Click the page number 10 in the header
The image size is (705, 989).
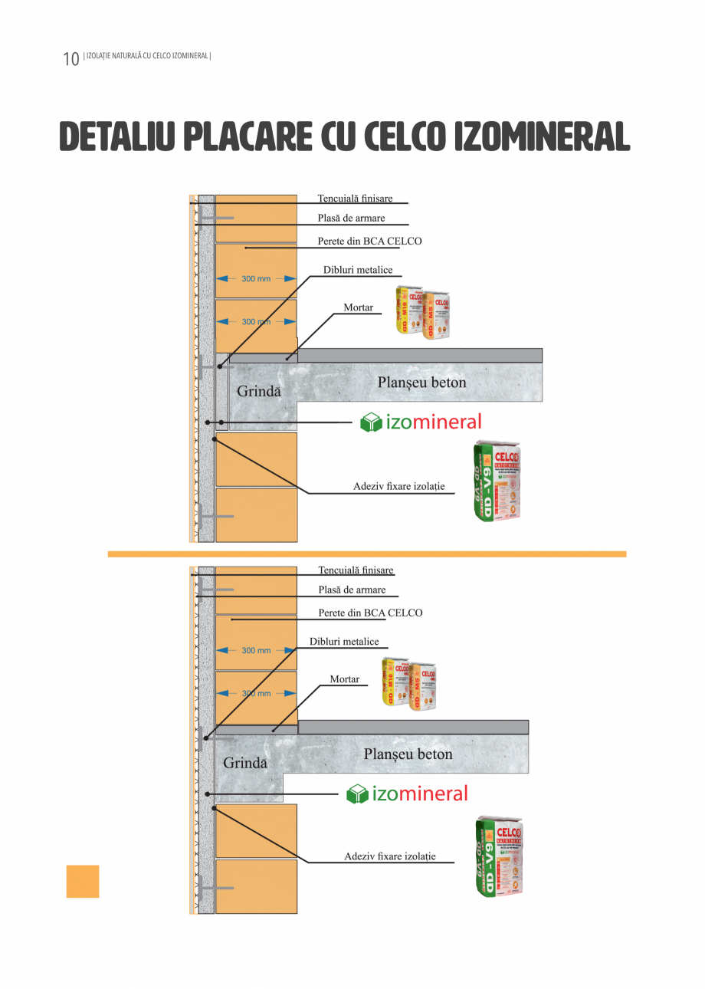click(70, 59)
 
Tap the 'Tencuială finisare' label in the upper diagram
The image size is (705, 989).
click(355, 199)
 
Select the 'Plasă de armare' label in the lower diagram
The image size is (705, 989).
click(352, 590)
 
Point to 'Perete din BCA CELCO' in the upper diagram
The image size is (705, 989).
click(369, 241)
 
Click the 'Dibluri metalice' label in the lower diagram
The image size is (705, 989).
click(344, 641)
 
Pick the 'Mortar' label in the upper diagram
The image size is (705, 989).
click(358, 307)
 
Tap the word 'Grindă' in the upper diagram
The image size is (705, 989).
click(259, 391)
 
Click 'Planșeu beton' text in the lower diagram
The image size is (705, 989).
click(408, 754)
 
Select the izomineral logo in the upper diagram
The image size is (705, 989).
click(421, 422)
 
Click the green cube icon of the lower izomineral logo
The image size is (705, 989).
click(357, 793)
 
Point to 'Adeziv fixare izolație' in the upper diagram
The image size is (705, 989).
click(398, 486)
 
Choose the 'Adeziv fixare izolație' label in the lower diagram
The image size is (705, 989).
click(390, 856)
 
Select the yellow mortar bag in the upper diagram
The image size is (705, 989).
click(408, 310)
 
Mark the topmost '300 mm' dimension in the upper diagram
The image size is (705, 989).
click(256, 278)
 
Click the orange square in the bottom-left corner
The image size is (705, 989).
click(83, 881)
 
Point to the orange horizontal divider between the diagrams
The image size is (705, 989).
click(366, 554)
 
